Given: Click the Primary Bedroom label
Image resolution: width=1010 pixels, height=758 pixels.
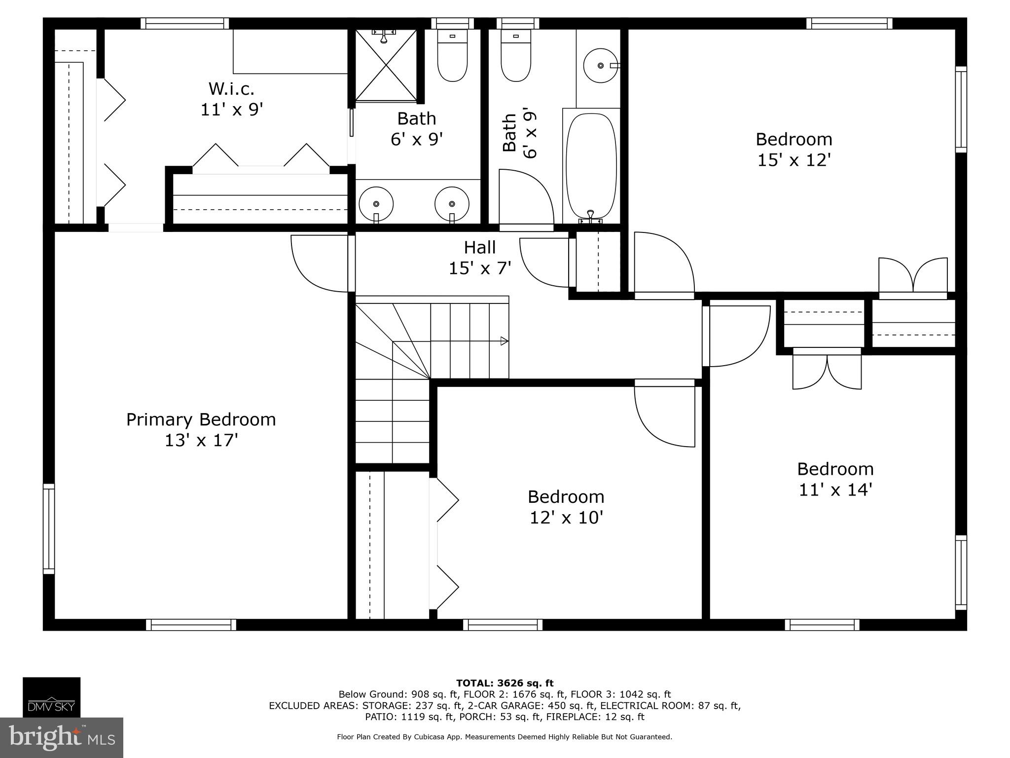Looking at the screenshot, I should pyautogui.click(x=201, y=419).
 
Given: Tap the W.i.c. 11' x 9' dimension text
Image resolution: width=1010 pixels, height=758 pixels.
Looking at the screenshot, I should pyautogui.click(x=231, y=110).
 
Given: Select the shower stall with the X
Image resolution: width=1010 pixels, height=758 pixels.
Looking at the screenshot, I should pyautogui.click(x=386, y=65).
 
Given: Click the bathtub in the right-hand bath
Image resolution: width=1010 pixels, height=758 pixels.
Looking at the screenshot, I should pyautogui.click(x=591, y=167).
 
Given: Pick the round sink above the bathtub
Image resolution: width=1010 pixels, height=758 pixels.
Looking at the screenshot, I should pyautogui.click(x=600, y=65).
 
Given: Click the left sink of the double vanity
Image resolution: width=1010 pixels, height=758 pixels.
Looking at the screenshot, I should pyautogui.click(x=376, y=203).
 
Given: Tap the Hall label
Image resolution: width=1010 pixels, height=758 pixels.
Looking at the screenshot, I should pyautogui.click(x=479, y=247).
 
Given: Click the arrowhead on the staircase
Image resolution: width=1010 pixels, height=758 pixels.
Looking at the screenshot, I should pyautogui.click(x=504, y=341).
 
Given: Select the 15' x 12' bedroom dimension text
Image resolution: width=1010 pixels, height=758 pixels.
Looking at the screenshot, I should pyautogui.click(x=794, y=160).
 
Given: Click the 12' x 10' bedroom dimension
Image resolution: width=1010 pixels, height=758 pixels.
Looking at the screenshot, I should pyautogui.click(x=566, y=518).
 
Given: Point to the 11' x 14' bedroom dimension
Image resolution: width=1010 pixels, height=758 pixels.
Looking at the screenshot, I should pyautogui.click(x=835, y=490).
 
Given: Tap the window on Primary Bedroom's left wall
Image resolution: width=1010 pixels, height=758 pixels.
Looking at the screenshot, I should pyautogui.click(x=49, y=529).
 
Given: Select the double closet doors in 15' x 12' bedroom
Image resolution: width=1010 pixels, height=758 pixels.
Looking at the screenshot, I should pyautogui.click(x=913, y=276).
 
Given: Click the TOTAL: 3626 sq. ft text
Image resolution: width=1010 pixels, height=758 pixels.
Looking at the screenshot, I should pyautogui.click(x=505, y=683).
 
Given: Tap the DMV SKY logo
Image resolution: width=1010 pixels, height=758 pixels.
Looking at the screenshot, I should pyautogui.click(x=51, y=697).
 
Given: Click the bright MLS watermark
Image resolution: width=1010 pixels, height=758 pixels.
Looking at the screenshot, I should pyautogui.click(x=62, y=737).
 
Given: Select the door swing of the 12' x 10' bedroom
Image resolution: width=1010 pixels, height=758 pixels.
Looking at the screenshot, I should pyautogui.click(x=661, y=419).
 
